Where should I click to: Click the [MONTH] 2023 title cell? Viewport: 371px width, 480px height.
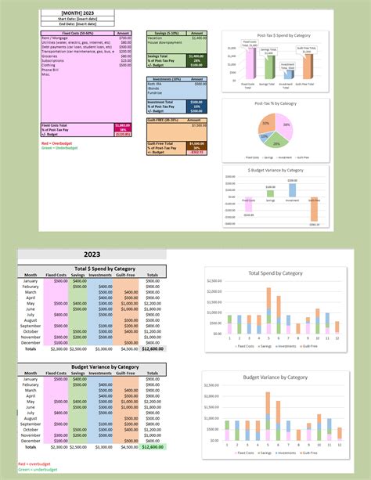pos(75,13)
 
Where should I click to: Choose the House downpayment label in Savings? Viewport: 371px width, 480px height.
pos(164,42)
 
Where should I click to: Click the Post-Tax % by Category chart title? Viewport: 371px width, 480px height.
pos(276,103)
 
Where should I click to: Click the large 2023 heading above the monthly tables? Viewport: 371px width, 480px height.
pos(91,254)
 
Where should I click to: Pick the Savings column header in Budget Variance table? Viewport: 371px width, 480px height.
pos(80,373)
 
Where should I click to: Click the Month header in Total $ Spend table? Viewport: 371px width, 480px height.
pos(31,275)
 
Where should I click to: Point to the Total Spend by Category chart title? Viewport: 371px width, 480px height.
pos(275,272)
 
